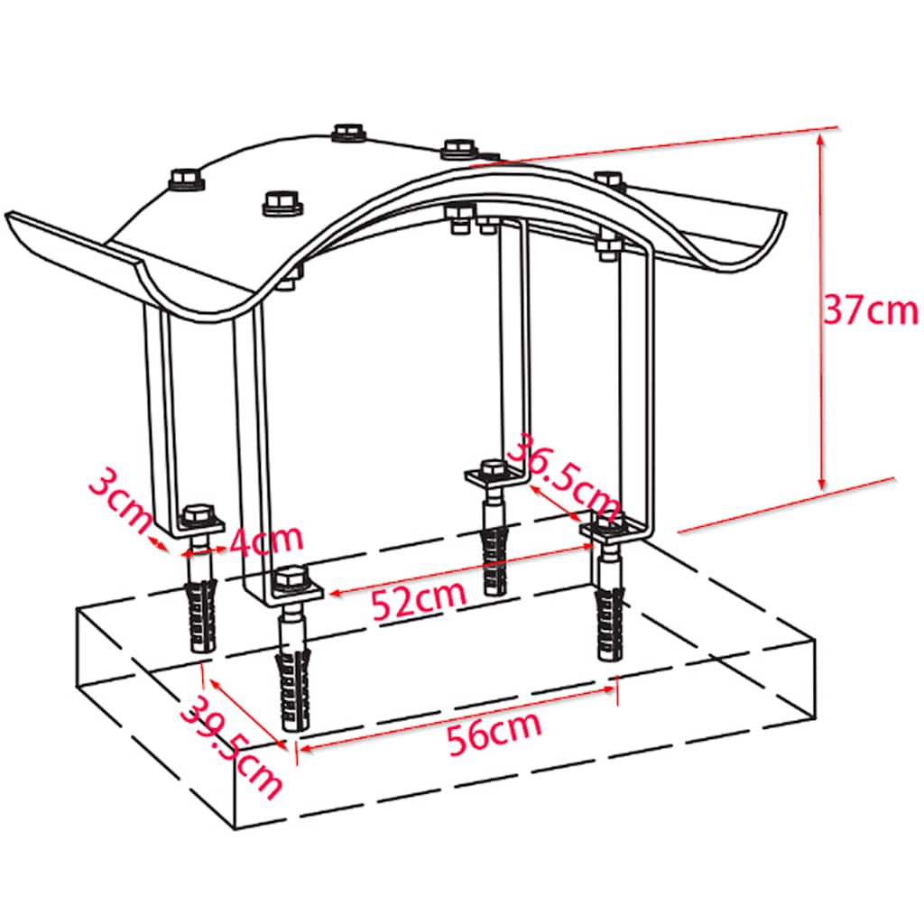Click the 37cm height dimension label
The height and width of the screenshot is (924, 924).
tap(871, 310)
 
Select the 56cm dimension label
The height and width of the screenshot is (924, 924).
tap(494, 733)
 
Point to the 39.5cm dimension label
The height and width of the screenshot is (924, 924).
tap(231, 747)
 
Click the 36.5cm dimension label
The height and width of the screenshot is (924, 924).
tap(563, 476)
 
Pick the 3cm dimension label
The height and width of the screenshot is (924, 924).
tap(120, 500)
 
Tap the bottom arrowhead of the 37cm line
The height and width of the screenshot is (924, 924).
tap(822, 484)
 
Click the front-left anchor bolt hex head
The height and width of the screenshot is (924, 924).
tap(290, 579)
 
